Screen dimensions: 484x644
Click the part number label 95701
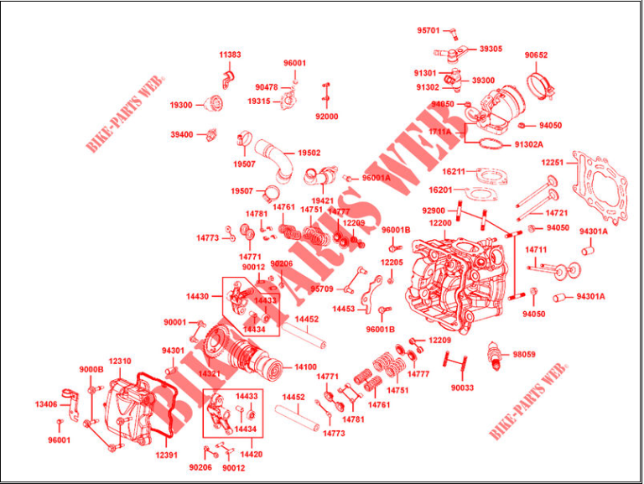coord(428,30)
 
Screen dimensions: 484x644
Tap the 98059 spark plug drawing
coord(496,356)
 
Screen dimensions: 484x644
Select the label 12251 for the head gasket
coord(553,162)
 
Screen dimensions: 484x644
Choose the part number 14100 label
coord(305,367)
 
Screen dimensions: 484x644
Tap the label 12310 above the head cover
coord(119,361)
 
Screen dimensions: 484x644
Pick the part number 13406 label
coord(46,404)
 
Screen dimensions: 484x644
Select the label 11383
coord(230,55)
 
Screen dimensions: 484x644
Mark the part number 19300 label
coord(181,105)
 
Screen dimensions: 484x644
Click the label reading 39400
coord(182,134)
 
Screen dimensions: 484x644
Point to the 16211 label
coord(453,171)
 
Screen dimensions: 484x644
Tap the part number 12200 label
coord(441,223)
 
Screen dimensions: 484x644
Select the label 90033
coord(462,388)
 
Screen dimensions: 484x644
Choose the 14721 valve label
coord(557,213)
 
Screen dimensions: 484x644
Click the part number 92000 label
coord(326,117)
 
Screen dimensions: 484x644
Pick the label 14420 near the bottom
coord(251,454)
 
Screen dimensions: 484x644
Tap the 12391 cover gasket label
coord(167,454)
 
